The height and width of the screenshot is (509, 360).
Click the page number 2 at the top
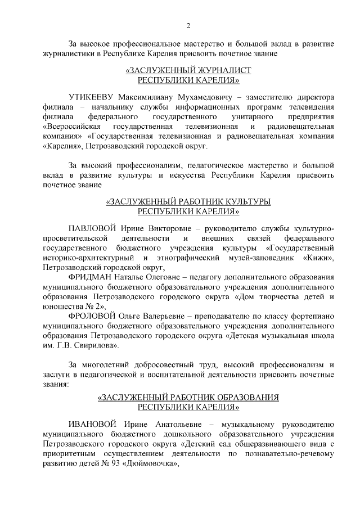point(188,25)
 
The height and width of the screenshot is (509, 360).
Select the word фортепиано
point(313,318)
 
